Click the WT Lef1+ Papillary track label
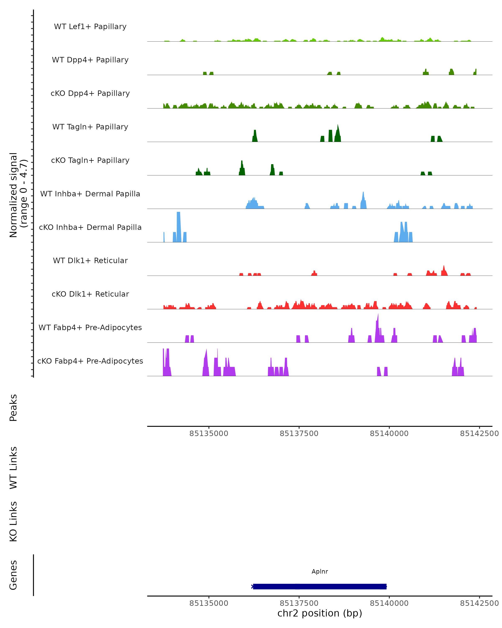(x=90, y=27)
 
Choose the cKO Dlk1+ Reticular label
(x=90, y=294)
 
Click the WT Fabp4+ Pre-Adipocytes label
(x=90, y=327)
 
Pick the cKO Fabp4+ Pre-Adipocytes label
(x=90, y=361)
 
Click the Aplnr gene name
(x=320, y=571)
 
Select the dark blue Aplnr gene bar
(x=320, y=586)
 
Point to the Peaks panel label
(x=13, y=408)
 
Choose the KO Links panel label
(x=13, y=521)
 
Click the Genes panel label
(x=13, y=575)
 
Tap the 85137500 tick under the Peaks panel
(x=299, y=434)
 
